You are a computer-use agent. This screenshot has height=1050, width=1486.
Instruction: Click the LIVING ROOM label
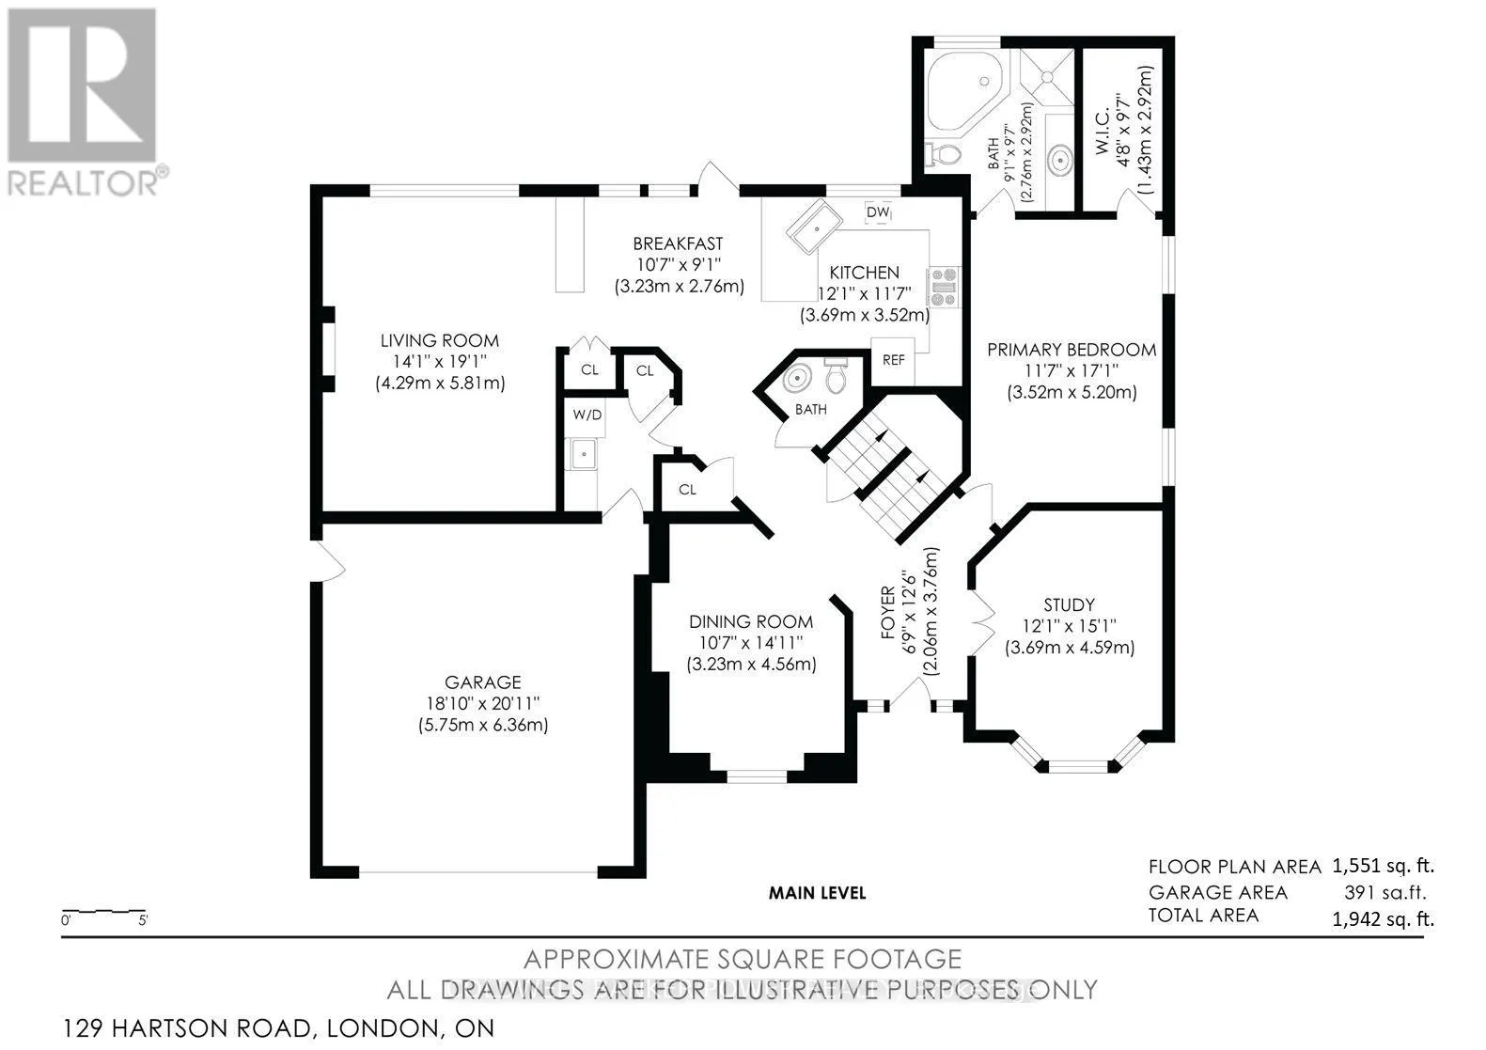point(439,341)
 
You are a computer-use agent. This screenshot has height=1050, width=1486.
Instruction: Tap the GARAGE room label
point(483,682)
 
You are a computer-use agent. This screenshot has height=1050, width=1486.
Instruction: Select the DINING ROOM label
point(751,621)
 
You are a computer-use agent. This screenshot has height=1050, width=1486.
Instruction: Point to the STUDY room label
point(1069,605)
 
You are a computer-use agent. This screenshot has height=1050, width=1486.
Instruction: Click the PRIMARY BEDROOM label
point(1071,350)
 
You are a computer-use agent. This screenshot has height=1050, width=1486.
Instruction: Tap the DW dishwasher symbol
point(878,212)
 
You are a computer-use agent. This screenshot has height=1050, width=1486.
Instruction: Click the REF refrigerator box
point(893,360)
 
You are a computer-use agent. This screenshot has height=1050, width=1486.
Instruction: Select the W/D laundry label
point(587,415)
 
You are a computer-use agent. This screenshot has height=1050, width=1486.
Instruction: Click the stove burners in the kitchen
point(944,288)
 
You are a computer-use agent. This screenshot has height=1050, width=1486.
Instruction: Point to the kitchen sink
point(815,227)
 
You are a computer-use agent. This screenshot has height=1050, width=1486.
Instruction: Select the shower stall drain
point(1047,77)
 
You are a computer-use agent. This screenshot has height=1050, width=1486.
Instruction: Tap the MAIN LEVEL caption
point(818,893)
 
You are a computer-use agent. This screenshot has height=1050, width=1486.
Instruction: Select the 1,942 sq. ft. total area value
point(1384,918)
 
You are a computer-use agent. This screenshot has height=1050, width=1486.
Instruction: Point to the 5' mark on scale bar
point(143,920)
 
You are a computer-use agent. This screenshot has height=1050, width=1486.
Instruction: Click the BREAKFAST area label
point(678,243)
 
